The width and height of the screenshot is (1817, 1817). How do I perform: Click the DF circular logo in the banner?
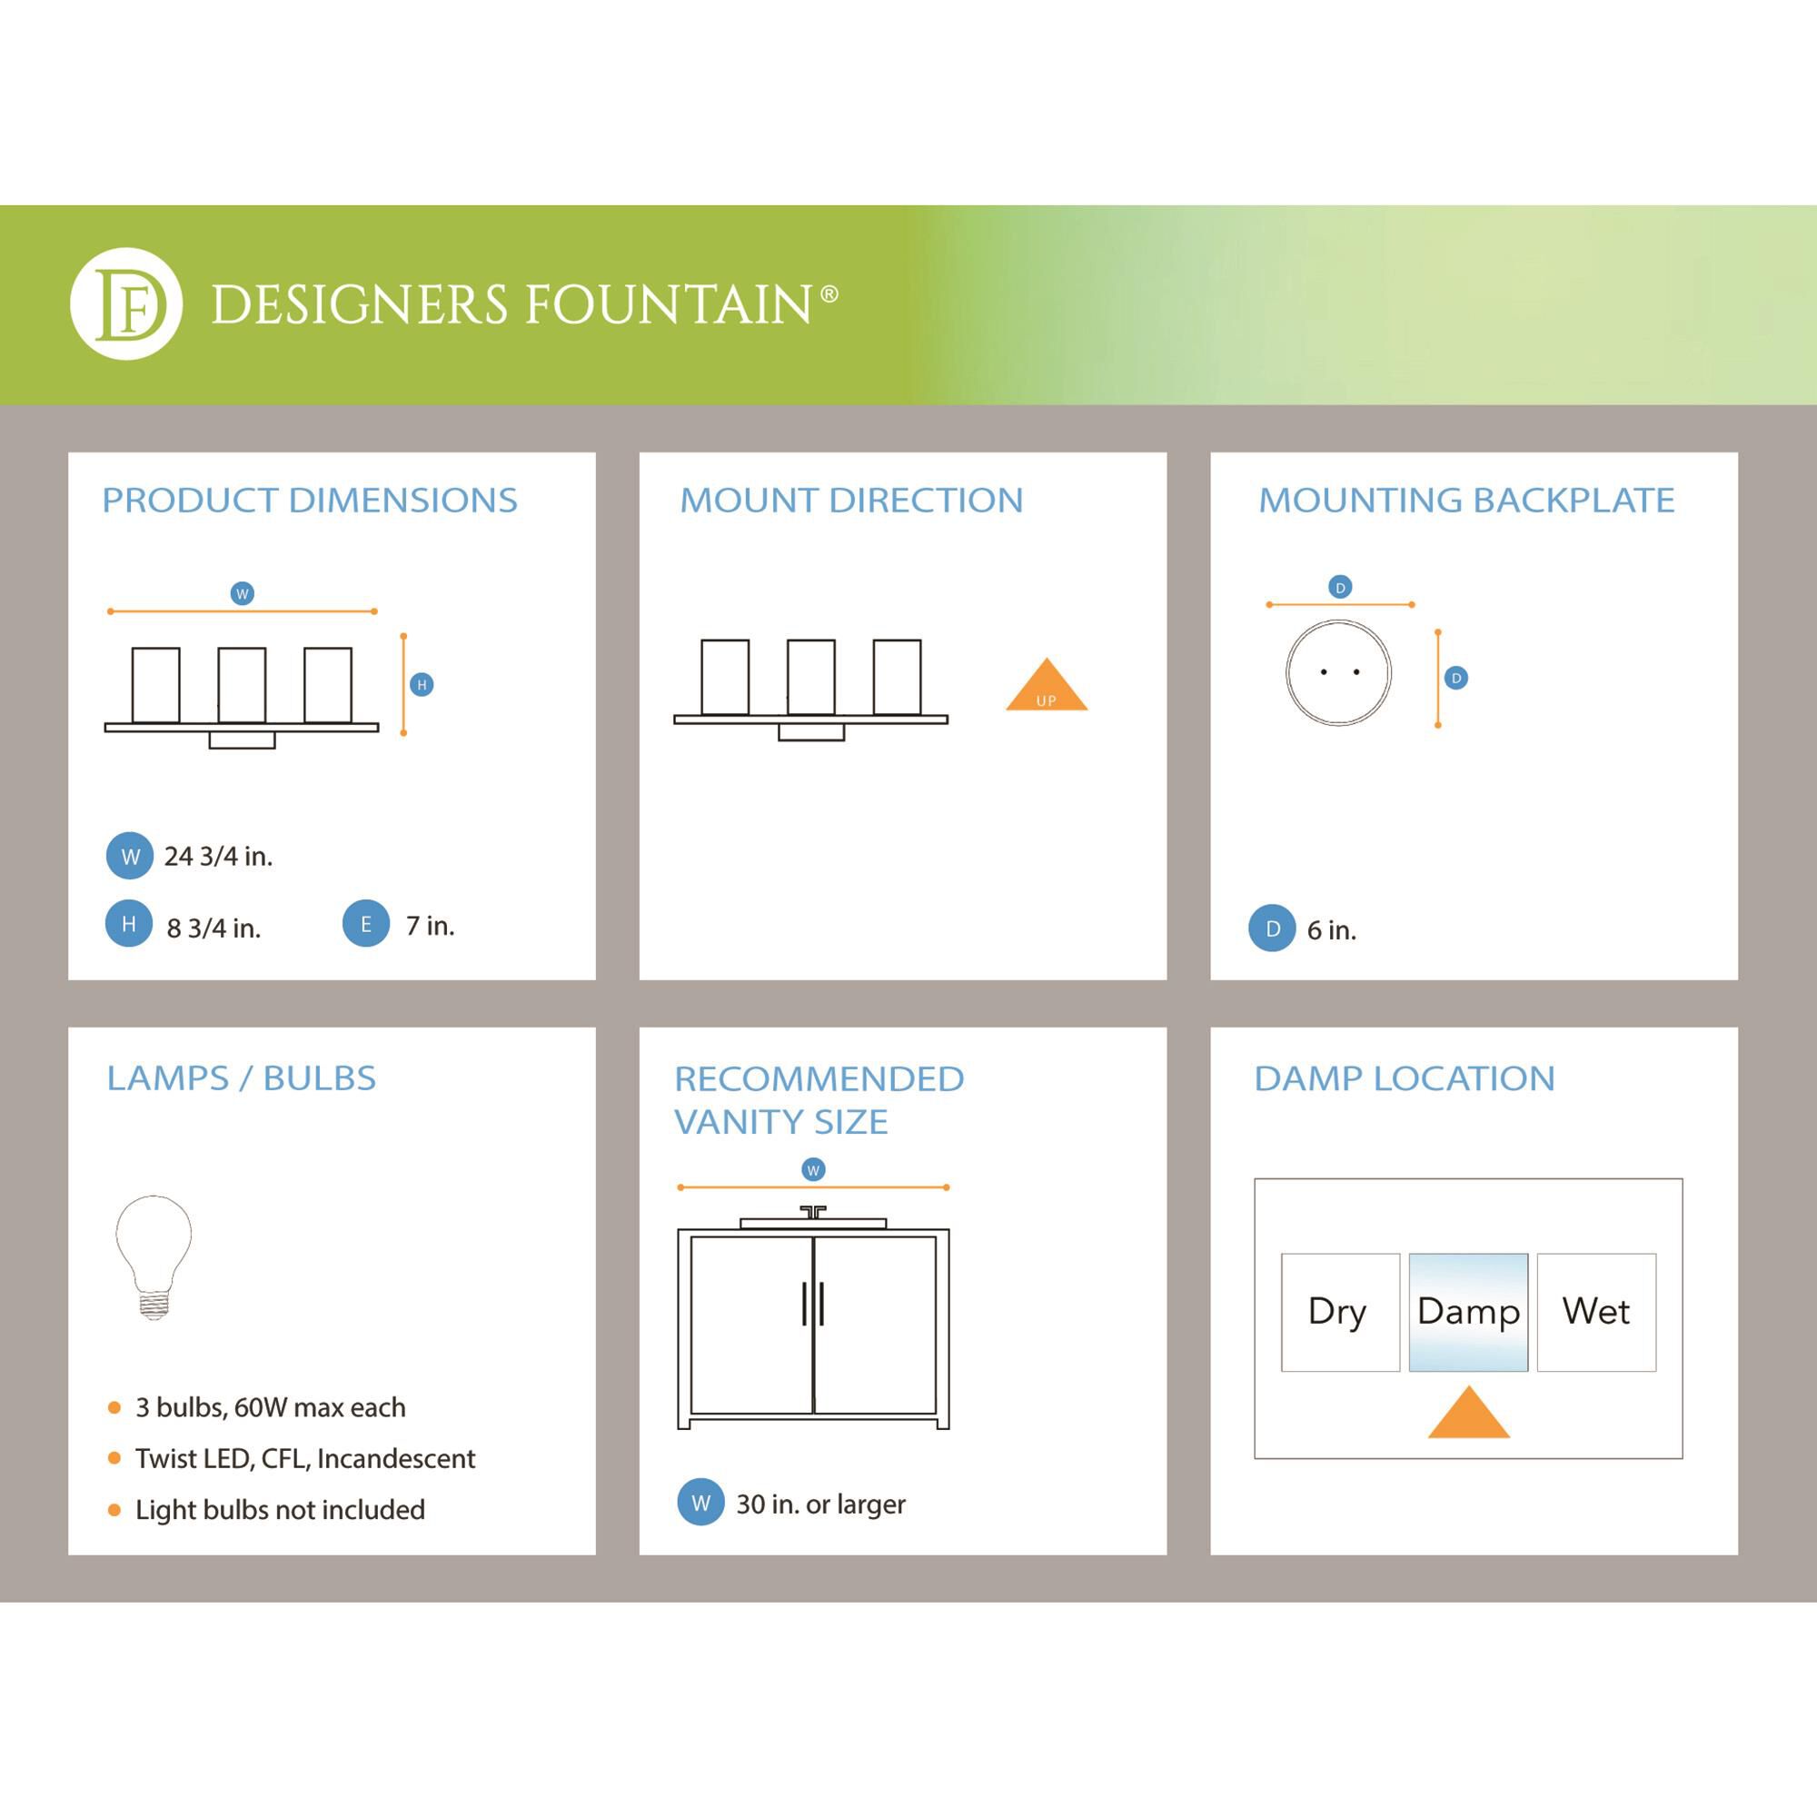tap(126, 303)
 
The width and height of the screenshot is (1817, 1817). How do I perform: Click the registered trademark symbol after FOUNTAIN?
tap(829, 294)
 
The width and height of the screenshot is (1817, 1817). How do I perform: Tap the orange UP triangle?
tap(1046, 688)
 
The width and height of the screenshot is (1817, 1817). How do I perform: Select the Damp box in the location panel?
tap(1467, 1312)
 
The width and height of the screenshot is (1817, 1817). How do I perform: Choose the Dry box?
tap(1339, 1312)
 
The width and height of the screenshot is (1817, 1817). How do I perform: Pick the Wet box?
tap(1596, 1312)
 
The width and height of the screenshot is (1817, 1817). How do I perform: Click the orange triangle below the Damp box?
tap(1468, 1415)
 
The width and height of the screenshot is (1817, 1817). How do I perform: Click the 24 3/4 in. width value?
tap(218, 856)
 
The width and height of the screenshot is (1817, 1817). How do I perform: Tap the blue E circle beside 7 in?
tap(366, 924)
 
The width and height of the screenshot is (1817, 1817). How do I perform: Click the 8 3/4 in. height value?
tap(213, 928)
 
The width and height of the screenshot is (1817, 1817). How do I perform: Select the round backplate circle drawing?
tap(1338, 672)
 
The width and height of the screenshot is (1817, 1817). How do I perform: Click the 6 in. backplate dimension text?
tap(1331, 930)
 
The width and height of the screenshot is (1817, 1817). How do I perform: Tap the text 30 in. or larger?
tap(820, 1504)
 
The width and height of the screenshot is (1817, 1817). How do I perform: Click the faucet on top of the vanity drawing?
tap(812, 1212)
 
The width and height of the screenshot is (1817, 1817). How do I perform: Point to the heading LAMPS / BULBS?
tap(241, 1077)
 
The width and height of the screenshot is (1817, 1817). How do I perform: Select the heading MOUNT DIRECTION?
tap(851, 501)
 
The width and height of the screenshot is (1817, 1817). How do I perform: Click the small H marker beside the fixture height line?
tap(422, 685)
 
